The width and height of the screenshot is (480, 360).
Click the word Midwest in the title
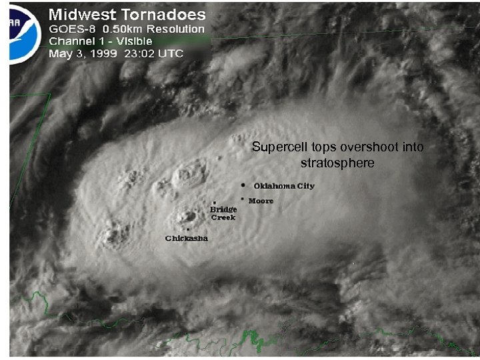coord(82,13)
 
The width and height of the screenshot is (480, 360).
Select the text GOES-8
coord(71,29)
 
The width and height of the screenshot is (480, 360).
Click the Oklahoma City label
coord(284,186)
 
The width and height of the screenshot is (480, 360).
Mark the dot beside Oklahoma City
coord(245,185)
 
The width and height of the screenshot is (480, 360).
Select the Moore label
coord(261,200)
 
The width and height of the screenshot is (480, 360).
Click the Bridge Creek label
coord(223,213)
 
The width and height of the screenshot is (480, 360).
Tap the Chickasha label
coord(187,238)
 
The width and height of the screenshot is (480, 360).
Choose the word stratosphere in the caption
coord(337,162)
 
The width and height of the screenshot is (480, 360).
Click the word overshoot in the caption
coord(364,147)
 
